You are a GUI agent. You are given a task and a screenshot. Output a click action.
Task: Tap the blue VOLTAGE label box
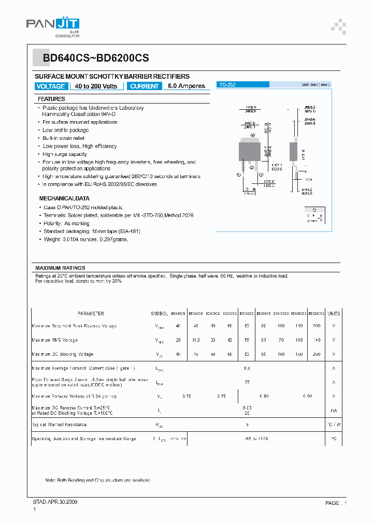pyautogui.click(x=50, y=86)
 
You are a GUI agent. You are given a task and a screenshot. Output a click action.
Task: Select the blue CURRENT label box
pyautogui.click(x=145, y=86)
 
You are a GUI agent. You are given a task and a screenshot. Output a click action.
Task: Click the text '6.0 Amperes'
pyautogui.click(x=187, y=86)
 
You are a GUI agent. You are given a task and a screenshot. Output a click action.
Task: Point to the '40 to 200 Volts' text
pyautogui.click(x=96, y=86)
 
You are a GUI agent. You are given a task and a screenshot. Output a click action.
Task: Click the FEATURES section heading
pyautogui.click(x=51, y=99)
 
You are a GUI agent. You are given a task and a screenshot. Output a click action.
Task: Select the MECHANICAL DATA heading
pyautogui.click(x=64, y=198)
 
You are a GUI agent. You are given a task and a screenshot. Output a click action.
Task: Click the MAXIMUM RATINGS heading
pyautogui.click(x=60, y=268)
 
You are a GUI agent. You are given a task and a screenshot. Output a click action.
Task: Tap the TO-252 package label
pyautogui.click(x=227, y=84)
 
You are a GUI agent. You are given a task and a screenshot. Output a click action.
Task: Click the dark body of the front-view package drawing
pyautogui.click(x=249, y=151)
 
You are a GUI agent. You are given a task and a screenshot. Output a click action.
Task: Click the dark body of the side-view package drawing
pyautogui.click(x=293, y=151)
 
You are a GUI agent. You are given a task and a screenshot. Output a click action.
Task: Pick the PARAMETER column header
pyautogui.click(x=91, y=314)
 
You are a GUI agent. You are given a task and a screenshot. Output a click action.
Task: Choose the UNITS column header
pyautogui.click(x=334, y=314)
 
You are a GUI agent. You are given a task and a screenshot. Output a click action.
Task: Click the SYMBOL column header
pyautogui.click(x=160, y=314)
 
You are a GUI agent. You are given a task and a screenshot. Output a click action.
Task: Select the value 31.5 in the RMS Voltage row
pyautogui.click(x=195, y=340)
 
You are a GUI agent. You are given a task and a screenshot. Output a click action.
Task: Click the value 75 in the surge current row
pyautogui.click(x=247, y=382)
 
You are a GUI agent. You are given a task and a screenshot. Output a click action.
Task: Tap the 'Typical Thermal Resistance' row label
pyautogui.click(x=63, y=425)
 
